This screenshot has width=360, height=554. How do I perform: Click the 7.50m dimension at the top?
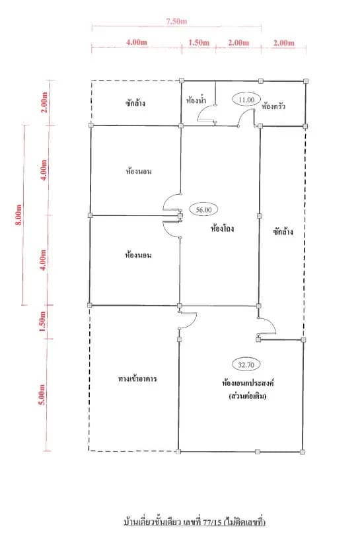(x=176, y=21)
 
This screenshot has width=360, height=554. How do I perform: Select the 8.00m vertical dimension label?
(x=18, y=215)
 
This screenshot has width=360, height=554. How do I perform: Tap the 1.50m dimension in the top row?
(x=199, y=43)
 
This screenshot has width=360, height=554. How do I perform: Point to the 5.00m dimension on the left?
(x=42, y=394)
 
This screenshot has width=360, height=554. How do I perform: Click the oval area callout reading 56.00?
(x=204, y=210)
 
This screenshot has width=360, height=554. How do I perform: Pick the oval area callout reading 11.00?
(x=246, y=100)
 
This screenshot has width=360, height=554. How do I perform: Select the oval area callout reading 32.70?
(x=246, y=365)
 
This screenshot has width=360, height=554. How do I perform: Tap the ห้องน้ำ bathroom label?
(x=196, y=100)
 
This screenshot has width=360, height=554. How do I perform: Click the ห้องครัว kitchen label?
(x=273, y=106)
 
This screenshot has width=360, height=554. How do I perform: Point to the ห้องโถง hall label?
(x=222, y=228)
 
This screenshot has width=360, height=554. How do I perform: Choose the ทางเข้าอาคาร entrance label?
(x=137, y=379)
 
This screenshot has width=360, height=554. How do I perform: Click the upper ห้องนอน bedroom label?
(x=139, y=172)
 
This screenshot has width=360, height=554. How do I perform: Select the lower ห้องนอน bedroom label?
(x=138, y=255)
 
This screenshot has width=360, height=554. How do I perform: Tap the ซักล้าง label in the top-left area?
(x=135, y=103)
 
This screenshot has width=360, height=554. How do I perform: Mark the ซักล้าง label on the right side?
(x=283, y=232)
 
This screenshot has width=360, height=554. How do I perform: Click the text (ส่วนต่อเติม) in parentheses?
(x=248, y=396)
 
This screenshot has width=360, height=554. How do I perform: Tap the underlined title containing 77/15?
(x=195, y=522)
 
